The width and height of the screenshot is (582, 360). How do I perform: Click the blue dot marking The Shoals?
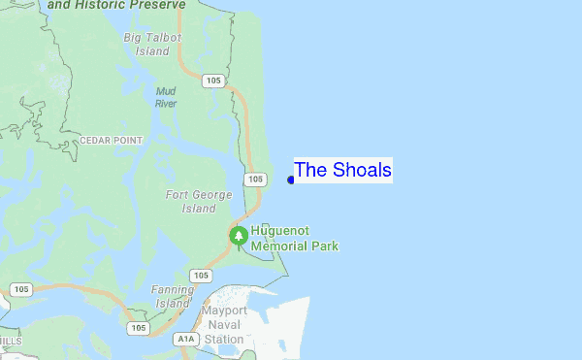[291, 180]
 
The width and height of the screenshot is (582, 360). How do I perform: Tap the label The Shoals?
[342, 171]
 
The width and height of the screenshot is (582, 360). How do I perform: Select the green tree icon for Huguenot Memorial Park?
[239, 236]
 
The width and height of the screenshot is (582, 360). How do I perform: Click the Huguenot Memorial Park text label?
[294, 240]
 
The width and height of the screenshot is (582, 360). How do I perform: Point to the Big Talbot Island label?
[146, 44]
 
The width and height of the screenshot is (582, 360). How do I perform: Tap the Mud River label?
[166, 97]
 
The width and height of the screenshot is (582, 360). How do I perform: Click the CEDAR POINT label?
[111, 140]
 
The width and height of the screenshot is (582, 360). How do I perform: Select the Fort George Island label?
[199, 202]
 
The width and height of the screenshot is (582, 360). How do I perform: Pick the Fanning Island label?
[172, 296]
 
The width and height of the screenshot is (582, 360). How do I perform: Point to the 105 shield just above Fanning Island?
[201, 276]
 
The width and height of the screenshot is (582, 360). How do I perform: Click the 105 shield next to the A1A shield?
[139, 328]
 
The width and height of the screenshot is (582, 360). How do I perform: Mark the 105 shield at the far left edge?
[20, 289]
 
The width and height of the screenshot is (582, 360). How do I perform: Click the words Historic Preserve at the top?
[145, 6]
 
